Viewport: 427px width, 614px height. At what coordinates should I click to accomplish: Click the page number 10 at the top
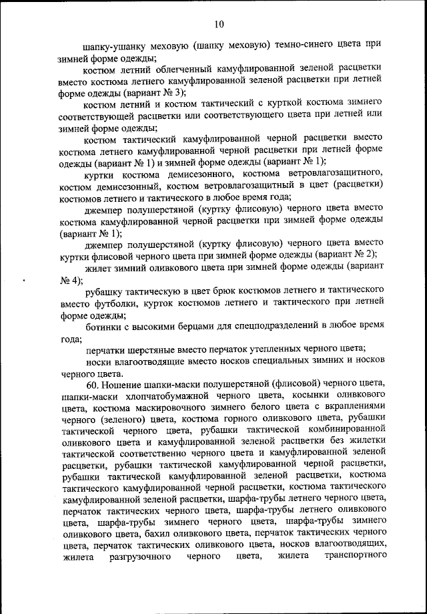220,25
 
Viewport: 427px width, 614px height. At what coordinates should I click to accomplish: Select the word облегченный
199,69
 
